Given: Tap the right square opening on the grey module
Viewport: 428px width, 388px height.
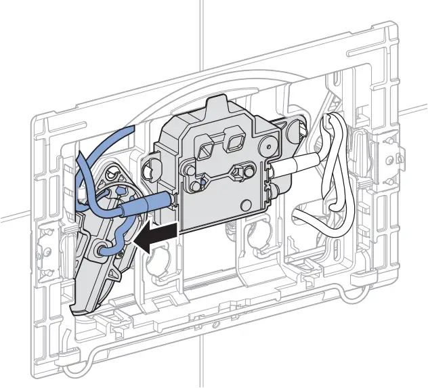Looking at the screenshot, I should (x=235, y=141).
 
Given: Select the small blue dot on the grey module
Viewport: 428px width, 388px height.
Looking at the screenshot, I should (x=201, y=183).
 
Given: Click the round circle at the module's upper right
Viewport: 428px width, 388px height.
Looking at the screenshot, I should (x=272, y=144).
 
